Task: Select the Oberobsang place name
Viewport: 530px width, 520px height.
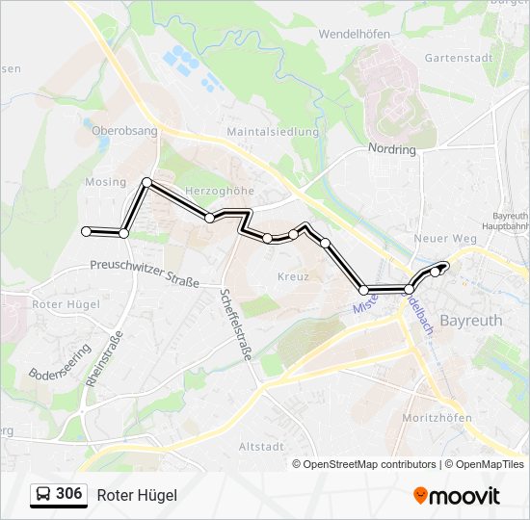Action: pyautogui.click(x=124, y=130)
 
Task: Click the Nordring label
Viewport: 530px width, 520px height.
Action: pyautogui.click(x=391, y=149)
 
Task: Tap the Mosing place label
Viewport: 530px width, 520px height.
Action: pyautogui.click(x=105, y=182)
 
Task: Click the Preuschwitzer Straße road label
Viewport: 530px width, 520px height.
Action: pyautogui.click(x=145, y=273)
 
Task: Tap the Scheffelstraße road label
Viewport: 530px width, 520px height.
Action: pyautogui.click(x=235, y=325)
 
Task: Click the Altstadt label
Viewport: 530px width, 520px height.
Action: pyautogui.click(x=260, y=446)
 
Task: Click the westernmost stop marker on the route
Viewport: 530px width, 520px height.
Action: pyautogui.click(x=87, y=231)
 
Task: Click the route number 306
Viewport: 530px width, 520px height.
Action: pyautogui.click(x=68, y=494)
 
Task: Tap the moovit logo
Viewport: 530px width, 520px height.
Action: pyautogui.click(x=457, y=496)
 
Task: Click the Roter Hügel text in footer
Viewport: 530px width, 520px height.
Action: pyautogui.click(x=137, y=495)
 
